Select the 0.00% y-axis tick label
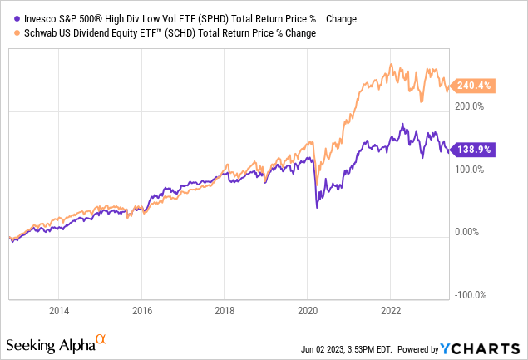coord(471,233)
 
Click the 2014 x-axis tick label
coord(58,310)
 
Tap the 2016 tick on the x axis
coord(141,310)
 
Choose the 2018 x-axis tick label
coord(225,310)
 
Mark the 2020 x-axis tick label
coord(308,310)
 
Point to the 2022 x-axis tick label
coord(392,310)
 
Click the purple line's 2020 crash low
coord(317,206)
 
